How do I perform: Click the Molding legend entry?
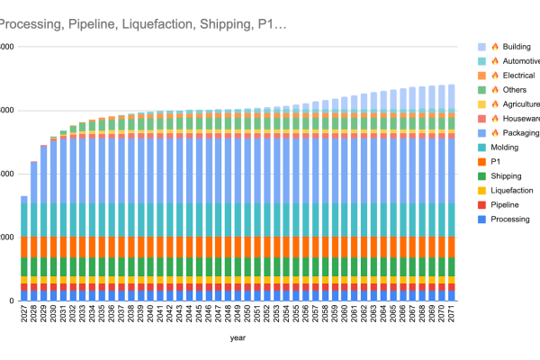pos(505,147)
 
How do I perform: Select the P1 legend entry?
pos(497,161)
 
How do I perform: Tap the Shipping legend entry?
pos(506,175)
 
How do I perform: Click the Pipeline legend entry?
pos(505,204)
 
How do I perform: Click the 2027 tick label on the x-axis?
pos(24,314)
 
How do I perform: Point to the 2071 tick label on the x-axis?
pos(451,314)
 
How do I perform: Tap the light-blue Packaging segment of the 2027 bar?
pos(24,199)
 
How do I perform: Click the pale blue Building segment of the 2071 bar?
pos(451,96)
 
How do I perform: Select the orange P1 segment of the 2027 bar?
pos(24,247)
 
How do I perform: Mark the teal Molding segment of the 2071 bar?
pos(451,220)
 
